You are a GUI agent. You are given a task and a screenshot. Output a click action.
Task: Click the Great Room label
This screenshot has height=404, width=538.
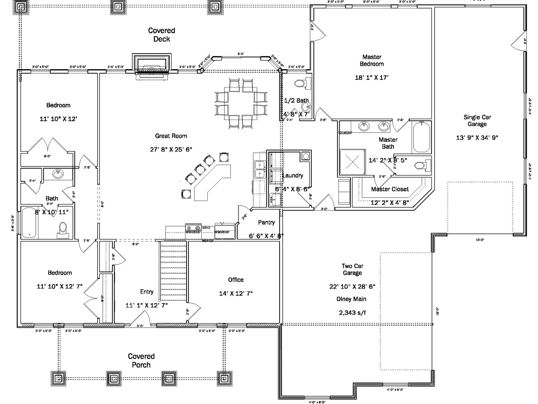171,136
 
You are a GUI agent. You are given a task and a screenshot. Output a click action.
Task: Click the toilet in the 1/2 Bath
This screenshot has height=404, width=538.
301,83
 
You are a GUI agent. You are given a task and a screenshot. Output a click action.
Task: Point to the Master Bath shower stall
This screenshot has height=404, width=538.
353,163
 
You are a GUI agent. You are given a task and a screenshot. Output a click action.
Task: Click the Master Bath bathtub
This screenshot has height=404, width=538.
421,137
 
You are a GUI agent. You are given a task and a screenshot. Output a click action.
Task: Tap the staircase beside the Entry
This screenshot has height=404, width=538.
173,272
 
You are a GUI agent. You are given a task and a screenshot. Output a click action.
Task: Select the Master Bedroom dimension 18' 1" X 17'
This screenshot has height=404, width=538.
372,78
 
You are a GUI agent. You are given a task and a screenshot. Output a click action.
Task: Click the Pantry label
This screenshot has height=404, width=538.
266,222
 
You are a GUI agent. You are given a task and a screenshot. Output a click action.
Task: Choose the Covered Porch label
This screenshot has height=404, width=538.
141,361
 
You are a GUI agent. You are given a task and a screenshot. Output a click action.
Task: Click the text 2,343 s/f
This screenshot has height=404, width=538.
352,313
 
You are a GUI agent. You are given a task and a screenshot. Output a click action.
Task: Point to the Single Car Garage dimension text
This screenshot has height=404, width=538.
477,138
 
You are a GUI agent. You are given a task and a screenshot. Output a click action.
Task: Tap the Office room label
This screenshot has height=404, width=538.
236,280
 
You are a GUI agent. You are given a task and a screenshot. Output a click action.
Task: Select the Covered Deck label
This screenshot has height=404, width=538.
162,35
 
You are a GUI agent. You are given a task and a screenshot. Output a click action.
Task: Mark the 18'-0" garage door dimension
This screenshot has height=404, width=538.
437,311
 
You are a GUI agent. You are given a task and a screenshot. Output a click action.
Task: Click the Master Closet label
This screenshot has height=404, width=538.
390,189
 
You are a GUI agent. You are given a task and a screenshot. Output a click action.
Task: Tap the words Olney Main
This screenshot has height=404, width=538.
351,299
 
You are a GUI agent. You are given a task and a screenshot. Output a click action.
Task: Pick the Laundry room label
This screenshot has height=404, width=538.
293,176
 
